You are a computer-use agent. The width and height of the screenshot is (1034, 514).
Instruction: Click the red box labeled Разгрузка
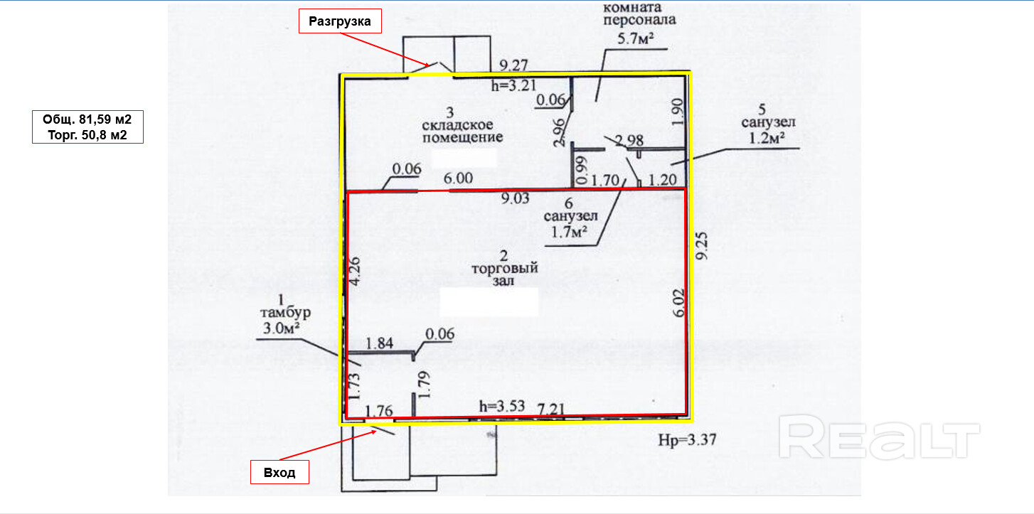pos(339,21)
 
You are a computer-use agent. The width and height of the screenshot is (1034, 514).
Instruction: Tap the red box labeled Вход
pos(279,473)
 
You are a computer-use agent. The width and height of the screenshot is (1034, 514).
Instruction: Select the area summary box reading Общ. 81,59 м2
pos(88,127)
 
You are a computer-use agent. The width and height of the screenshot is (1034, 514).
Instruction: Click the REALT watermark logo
pos(879,437)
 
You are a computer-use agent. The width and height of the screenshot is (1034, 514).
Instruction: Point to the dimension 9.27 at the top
pos(513,66)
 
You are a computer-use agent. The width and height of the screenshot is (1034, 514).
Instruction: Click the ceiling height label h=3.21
pos(512,86)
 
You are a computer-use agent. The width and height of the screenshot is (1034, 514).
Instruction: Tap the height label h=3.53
pos(501,407)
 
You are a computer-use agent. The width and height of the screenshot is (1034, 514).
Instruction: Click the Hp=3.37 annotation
pos(687,439)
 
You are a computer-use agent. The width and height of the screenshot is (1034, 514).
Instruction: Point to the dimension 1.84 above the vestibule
pos(378,344)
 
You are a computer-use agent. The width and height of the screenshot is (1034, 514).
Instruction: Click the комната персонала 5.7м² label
pos(639,23)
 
